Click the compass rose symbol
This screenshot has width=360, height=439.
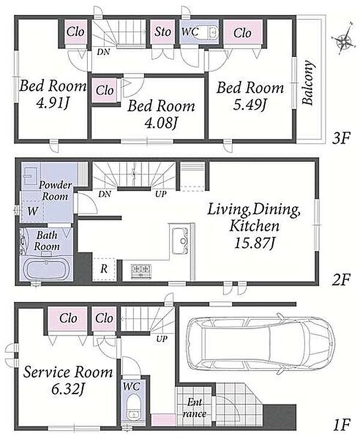tap(344, 41)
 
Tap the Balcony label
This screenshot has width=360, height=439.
tap(308, 83)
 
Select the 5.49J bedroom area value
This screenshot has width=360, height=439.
tap(250, 105)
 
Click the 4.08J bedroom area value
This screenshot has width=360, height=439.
tap(161, 122)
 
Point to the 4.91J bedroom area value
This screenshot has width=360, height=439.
tap(53, 103)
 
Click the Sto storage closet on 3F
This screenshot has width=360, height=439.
tap(162, 32)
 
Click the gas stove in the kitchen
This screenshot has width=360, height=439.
tap(142, 271)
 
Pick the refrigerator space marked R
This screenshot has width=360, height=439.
tap(104, 269)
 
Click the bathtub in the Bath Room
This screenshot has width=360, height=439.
tap(46, 269)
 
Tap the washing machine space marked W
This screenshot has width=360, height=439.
tap(32, 211)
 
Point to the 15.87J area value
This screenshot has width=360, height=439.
tap(254, 243)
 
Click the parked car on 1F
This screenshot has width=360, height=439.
tap(261, 344)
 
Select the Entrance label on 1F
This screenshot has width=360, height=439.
tap(194, 408)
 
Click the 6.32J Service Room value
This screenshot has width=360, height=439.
tap(68, 389)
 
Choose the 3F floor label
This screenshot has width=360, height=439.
tap(341, 138)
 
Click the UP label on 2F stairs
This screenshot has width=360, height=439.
tap(161, 194)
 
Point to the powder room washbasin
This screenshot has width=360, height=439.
tap(31, 176)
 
